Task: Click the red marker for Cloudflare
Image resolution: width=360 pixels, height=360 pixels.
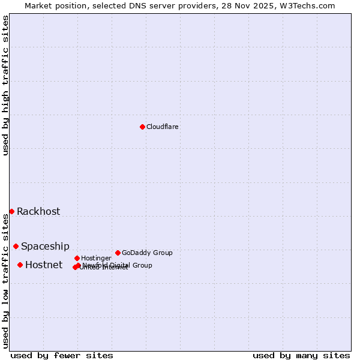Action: click(x=142, y=127)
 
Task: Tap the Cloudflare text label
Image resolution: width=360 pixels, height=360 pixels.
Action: click(x=162, y=127)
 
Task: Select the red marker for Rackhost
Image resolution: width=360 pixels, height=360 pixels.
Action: click(x=11, y=211)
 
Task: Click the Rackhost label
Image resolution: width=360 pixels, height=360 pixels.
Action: click(x=38, y=211)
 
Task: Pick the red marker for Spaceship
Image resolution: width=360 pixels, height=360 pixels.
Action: click(x=16, y=246)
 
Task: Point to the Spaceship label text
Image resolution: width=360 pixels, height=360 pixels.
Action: click(x=45, y=246)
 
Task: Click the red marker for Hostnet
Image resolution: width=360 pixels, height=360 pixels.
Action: click(x=20, y=265)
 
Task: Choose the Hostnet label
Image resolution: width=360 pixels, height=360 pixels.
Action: click(x=44, y=265)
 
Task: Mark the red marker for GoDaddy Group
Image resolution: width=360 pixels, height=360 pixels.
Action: click(x=118, y=253)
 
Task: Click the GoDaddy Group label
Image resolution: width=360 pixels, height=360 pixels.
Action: click(x=147, y=253)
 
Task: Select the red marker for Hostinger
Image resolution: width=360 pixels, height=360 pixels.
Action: click(x=77, y=258)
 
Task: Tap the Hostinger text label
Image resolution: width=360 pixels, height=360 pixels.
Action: click(x=96, y=258)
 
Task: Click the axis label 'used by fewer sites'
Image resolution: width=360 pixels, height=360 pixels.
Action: click(x=62, y=355)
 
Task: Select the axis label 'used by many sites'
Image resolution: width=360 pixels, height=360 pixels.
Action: click(x=301, y=355)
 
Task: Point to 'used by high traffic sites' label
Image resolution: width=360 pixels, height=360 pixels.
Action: click(x=5, y=85)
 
